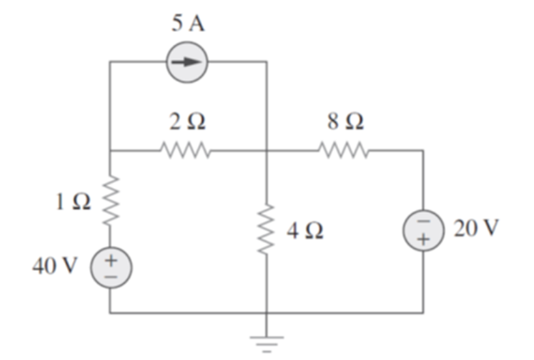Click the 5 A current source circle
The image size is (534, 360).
click(187, 62)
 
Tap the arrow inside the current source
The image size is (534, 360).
click(187, 62)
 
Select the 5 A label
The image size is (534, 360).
click(188, 25)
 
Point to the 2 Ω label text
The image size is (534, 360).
click(188, 122)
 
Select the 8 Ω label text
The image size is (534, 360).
click(345, 122)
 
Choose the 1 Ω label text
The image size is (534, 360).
click(71, 202)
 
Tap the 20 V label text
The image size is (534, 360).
click(475, 228)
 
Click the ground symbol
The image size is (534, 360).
click(266, 338)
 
